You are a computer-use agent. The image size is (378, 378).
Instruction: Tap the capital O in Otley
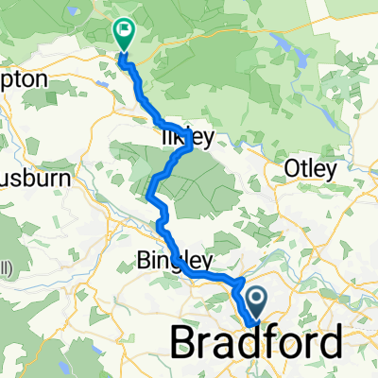point(290,170)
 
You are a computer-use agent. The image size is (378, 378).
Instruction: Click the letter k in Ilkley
point(172,138)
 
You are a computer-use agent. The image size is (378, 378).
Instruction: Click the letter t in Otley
point(301,170)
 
